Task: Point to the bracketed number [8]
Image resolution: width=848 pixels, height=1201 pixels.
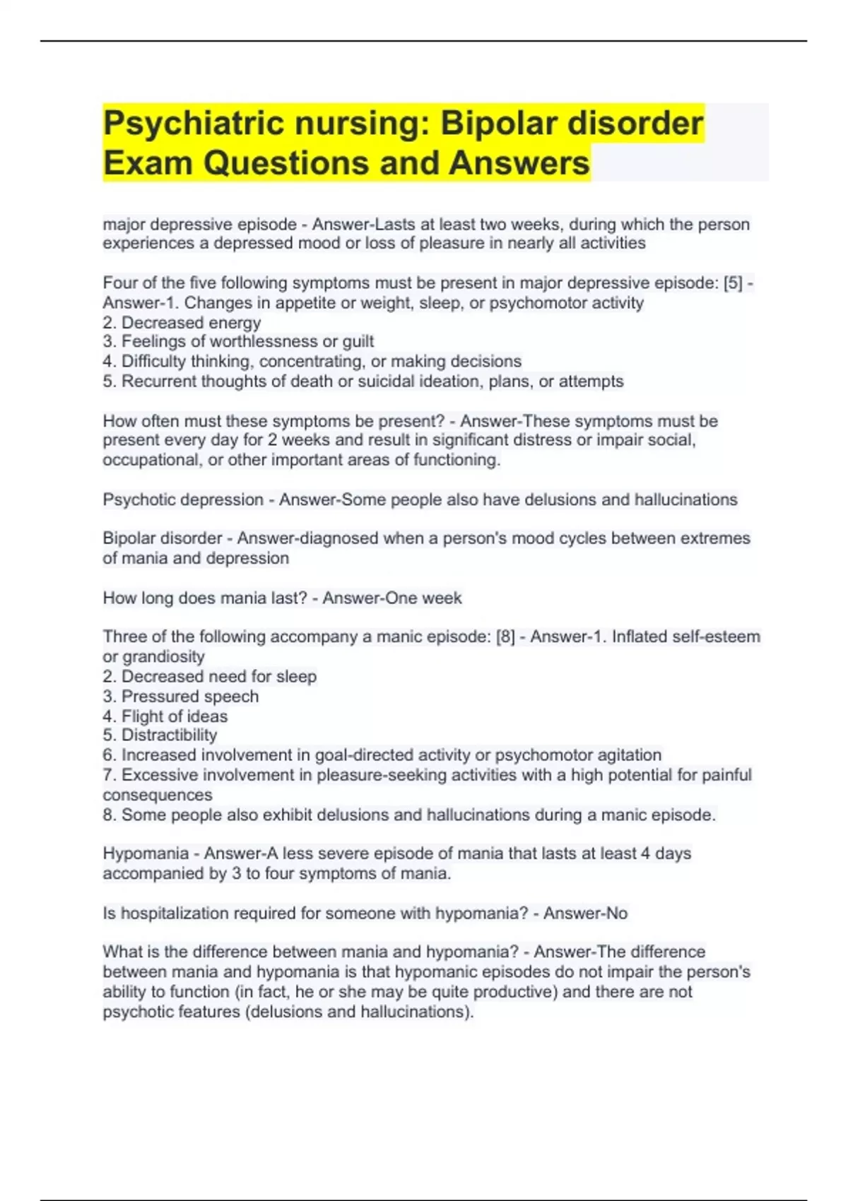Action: point(505,637)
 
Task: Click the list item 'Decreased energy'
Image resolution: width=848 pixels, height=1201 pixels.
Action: point(191,323)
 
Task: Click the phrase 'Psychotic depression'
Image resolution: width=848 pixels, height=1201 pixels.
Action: point(183,499)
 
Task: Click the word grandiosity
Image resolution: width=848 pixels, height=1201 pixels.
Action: point(163,656)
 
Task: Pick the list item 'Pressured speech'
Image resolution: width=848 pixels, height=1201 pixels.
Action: point(189,697)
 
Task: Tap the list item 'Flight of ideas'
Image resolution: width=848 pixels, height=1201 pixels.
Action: point(174,716)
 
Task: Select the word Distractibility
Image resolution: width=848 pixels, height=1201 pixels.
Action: point(169,735)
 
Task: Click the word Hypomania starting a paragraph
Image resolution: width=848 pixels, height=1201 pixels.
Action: point(146,853)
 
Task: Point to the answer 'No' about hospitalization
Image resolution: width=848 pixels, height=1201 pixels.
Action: point(616,913)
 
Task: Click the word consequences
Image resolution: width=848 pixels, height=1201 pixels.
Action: point(158,795)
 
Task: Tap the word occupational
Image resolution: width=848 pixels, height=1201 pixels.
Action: point(151,460)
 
